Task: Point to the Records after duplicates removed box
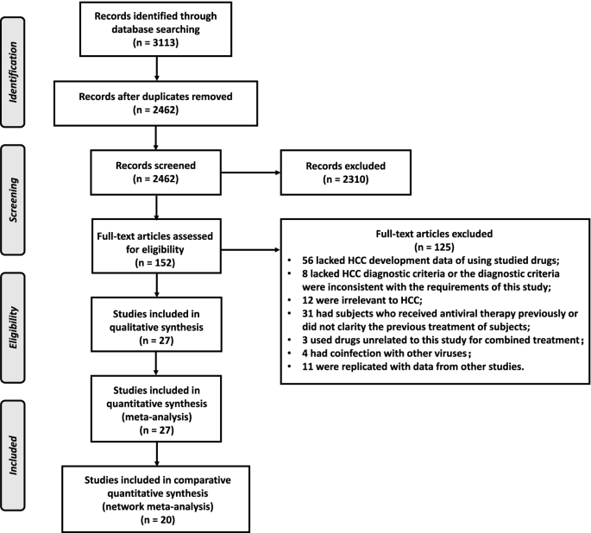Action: tap(156, 103)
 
